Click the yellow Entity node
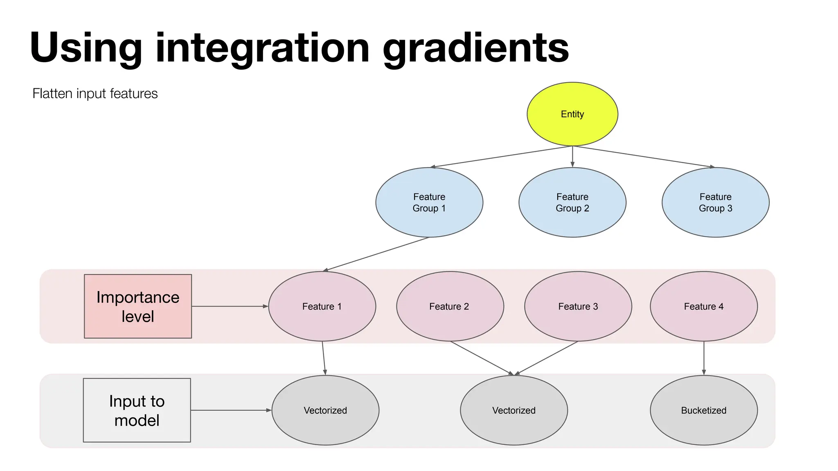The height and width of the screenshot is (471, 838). (x=572, y=114)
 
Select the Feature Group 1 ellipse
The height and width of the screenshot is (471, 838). (x=429, y=202)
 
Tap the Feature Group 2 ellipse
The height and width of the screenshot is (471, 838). (x=572, y=202)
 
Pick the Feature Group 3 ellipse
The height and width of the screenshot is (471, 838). (x=715, y=202)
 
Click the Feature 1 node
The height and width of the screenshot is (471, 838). (x=322, y=306)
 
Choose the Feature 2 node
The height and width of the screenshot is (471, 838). (x=449, y=306)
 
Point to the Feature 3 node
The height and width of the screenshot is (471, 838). (x=578, y=306)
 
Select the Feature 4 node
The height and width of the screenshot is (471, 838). (x=703, y=306)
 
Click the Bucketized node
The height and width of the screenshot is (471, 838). (x=703, y=410)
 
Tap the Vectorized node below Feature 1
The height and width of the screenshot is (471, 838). (x=325, y=410)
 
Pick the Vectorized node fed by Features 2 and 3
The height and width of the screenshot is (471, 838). (x=514, y=410)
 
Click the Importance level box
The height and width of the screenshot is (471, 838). (x=138, y=306)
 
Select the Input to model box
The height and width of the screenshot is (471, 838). (x=137, y=410)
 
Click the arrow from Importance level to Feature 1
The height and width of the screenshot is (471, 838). (x=229, y=306)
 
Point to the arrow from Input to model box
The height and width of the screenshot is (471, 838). (x=231, y=410)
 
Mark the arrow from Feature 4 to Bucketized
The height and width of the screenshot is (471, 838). (x=704, y=358)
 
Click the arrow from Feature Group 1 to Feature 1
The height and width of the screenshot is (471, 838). (x=376, y=254)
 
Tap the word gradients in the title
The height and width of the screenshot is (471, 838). (x=475, y=48)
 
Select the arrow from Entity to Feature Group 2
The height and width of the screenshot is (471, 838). (x=572, y=156)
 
